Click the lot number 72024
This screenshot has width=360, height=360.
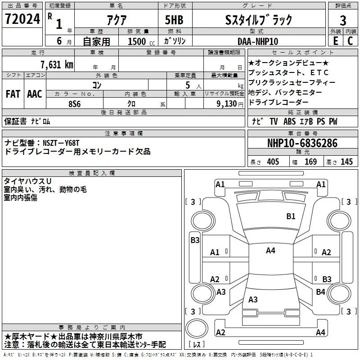(21, 19)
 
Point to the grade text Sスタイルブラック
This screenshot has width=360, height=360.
(258, 19)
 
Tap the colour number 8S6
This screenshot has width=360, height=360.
(75, 103)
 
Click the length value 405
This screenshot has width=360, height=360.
(273, 162)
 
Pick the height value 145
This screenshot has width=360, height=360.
(346, 162)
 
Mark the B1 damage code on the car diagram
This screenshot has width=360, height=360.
(291, 216)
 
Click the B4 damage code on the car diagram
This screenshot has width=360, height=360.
(320, 292)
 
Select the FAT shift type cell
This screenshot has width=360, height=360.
(13, 94)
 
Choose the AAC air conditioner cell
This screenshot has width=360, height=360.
(35, 94)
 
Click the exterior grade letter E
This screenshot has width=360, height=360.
(335, 41)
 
